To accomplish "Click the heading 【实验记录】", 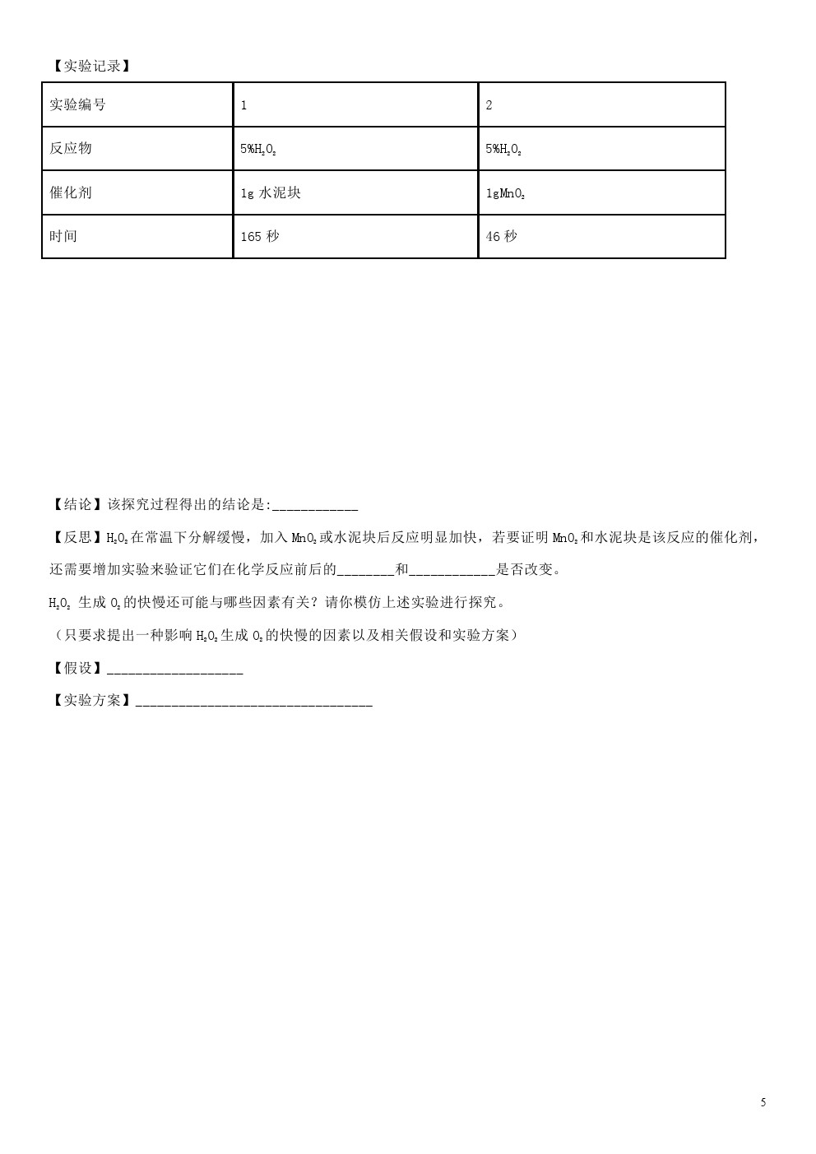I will (x=90, y=66).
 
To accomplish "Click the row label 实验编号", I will (x=78, y=104).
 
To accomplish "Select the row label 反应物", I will (x=71, y=148).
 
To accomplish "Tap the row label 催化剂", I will (x=71, y=192).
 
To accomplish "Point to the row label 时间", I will (x=63, y=236).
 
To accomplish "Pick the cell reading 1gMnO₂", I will (x=505, y=193).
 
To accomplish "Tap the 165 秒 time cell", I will (x=260, y=237).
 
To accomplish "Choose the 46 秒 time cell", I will (x=502, y=237).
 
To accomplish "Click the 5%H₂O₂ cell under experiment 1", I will (x=257, y=149).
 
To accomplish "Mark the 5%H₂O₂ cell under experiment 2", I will (x=503, y=149).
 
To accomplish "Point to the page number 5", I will (x=763, y=1102).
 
